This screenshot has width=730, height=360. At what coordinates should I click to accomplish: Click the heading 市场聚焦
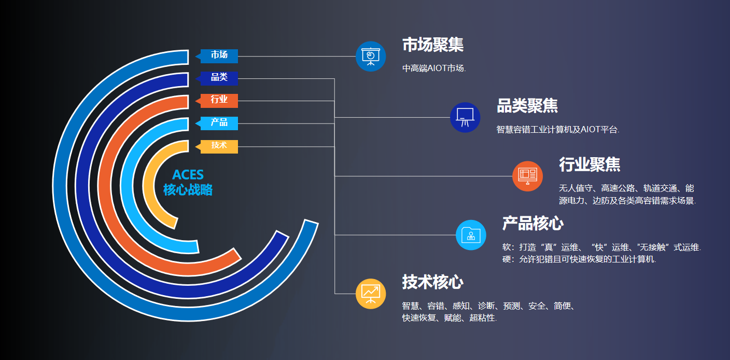(x=433, y=45)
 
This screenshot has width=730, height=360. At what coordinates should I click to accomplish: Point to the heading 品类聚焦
(x=527, y=106)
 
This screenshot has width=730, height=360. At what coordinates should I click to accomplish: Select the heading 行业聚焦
(x=589, y=164)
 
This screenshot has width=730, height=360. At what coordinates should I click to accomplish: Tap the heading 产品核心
(x=533, y=224)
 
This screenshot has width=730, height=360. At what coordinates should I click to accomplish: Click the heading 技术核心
(x=432, y=282)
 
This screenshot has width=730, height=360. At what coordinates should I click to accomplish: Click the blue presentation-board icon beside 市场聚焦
(x=371, y=57)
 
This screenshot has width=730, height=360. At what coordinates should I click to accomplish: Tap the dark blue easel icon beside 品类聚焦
(x=465, y=117)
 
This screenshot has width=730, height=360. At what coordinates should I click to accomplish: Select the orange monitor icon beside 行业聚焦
(x=528, y=176)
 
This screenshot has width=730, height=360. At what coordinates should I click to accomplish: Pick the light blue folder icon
(x=471, y=235)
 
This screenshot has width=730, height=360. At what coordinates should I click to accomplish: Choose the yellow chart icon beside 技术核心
(x=371, y=294)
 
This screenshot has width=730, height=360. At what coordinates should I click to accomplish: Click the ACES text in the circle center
(x=188, y=175)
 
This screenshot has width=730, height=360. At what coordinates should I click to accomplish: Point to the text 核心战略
(x=188, y=190)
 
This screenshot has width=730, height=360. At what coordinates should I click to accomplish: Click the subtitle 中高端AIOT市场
(x=434, y=68)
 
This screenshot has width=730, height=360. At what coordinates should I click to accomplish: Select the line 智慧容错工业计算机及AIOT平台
(x=557, y=130)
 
